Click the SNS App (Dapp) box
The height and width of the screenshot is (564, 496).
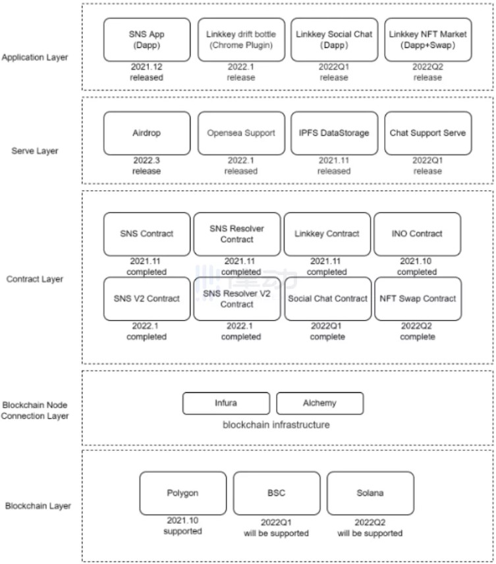coord(147,39)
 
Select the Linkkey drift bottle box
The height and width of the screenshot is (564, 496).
coord(241,39)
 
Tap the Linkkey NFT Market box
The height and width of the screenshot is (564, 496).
coord(428,39)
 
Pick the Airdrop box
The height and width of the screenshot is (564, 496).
coord(147,133)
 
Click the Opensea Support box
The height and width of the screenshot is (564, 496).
coord(241,133)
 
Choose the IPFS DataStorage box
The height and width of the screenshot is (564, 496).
coord(335,133)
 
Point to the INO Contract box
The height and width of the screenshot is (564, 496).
coord(417,234)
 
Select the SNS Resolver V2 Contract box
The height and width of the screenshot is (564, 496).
coord(237,299)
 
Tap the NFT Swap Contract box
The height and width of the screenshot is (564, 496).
coord(418,299)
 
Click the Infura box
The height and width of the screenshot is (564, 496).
coord(226,403)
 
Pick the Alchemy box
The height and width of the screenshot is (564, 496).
coord(319,403)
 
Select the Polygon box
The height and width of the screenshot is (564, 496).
coord(183,493)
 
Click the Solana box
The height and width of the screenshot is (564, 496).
coord(370,493)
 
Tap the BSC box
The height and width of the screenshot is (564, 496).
coord(277,493)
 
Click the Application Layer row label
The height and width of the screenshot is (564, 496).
coord(34,57)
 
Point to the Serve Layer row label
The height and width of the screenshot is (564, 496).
coord(34,151)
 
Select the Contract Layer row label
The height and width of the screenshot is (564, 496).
coord(34,279)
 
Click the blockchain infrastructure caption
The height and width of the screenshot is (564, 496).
coord(276,424)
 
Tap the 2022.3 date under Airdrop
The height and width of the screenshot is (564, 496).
coord(146,161)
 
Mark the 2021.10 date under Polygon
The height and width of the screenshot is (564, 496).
coord(182,520)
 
